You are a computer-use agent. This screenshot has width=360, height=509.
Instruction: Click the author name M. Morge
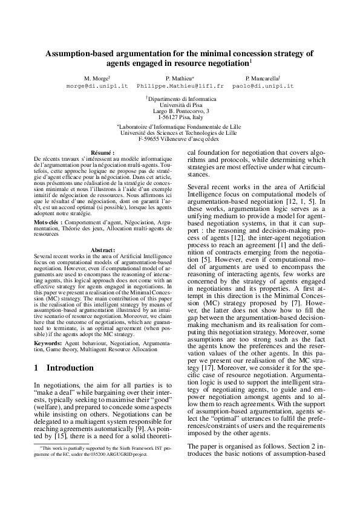[97, 79]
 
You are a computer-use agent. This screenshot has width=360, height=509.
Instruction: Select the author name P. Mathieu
[179, 79]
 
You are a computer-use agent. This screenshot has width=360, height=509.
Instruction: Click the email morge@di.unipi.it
[97, 86]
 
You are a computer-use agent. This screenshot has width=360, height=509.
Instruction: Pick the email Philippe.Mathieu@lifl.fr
[180, 86]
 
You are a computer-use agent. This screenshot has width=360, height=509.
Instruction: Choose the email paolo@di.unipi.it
[263, 86]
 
